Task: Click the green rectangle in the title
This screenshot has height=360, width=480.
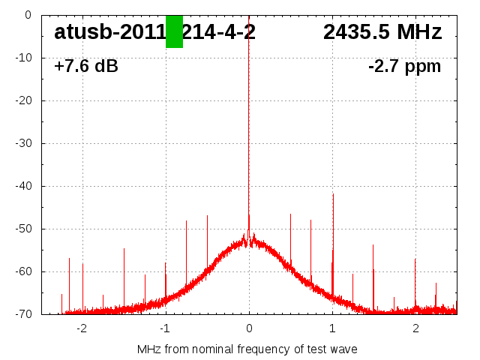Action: [x=174, y=31]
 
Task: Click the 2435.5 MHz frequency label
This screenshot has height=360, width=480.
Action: [x=382, y=32]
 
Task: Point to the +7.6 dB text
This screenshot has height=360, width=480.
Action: [x=86, y=67]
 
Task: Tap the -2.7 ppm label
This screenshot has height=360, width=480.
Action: [x=404, y=67]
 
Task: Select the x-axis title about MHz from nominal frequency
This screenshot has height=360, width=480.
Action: [x=247, y=349]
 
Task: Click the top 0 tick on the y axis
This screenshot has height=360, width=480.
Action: [x=27, y=15]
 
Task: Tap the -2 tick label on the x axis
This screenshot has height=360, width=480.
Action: [x=82, y=328]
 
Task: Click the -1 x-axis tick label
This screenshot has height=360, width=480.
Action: [x=165, y=328]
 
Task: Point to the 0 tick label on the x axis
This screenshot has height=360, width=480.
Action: [x=249, y=328]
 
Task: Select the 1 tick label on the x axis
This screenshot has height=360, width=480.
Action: [x=332, y=328]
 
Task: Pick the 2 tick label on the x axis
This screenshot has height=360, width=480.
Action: [x=415, y=328]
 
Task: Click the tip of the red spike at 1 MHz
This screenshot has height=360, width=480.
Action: [x=333, y=193]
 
